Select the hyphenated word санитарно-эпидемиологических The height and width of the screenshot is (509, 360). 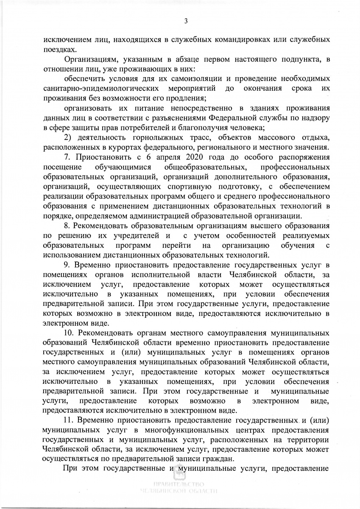102,88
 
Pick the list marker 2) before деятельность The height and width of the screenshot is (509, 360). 67,137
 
